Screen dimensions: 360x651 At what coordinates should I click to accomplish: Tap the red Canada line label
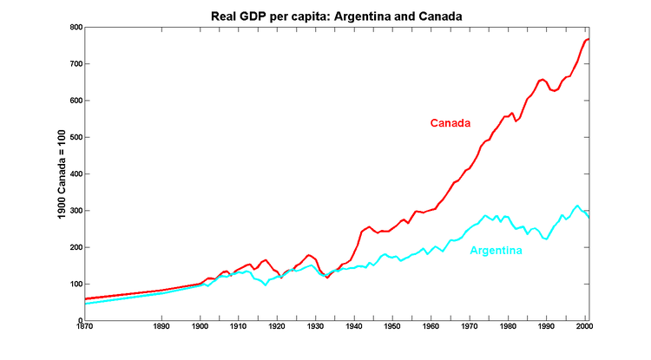pyautogui.click(x=449, y=123)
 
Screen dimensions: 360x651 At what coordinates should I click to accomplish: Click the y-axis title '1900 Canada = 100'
pyautogui.click(x=62, y=174)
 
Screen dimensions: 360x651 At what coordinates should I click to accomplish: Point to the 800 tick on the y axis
pyautogui.click(x=76, y=28)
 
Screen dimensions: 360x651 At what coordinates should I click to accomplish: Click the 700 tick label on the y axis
pyautogui.click(x=76, y=64)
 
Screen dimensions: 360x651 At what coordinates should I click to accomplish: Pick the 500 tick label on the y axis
pyautogui.click(x=76, y=138)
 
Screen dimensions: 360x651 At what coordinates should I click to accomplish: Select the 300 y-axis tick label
pyautogui.click(x=76, y=211)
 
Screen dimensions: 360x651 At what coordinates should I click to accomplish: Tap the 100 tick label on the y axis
pyautogui.click(x=76, y=285)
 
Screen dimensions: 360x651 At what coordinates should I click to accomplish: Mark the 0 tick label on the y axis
pyautogui.click(x=79, y=321)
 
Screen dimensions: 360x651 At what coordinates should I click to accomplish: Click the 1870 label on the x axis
pyautogui.click(x=84, y=329)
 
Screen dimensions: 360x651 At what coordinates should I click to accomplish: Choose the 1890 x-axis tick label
pyautogui.click(x=161, y=329)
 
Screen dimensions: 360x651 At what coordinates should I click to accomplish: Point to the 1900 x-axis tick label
pyautogui.click(x=200, y=329)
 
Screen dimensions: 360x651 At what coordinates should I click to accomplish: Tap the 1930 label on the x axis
pyautogui.click(x=315, y=329)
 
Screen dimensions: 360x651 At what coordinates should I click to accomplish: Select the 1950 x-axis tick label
pyautogui.click(x=392, y=329)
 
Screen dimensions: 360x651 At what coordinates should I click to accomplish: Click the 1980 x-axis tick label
pyautogui.click(x=508, y=329)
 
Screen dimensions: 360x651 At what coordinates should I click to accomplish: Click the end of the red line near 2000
pyautogui.click(x=589, y=39)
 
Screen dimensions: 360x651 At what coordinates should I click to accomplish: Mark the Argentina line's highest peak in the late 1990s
pyautogui.click(x=577, y=206)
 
